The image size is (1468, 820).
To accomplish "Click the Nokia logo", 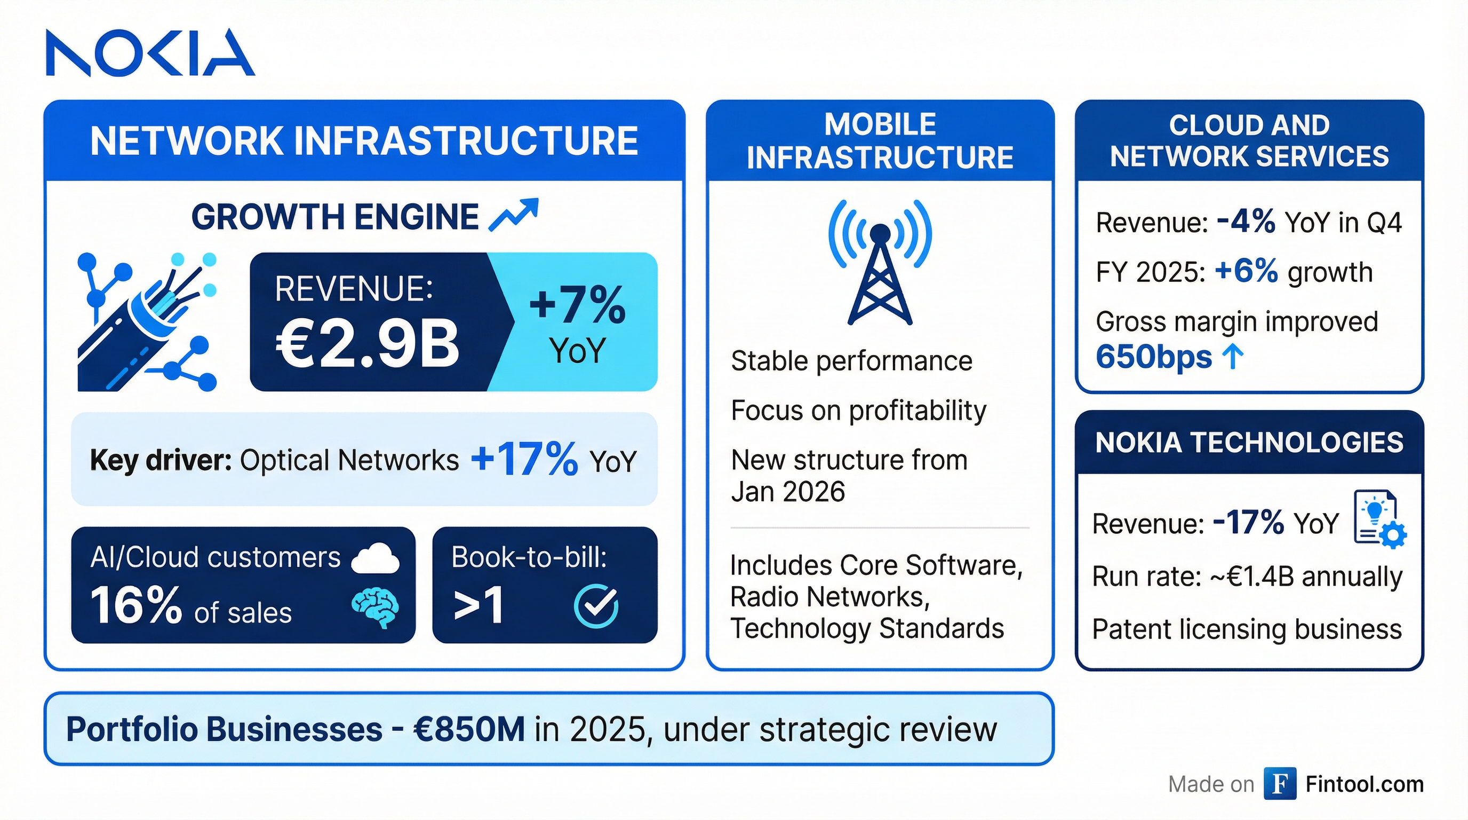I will [x=150, y=52].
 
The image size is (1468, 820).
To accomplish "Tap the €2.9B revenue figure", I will [x=368, y=343].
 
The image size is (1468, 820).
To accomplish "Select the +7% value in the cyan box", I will [x=577, y=304].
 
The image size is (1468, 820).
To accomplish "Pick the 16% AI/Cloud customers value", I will [x=135, y=605].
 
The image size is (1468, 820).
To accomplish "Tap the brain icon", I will [x=375, y=608].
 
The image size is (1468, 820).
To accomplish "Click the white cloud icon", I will [x=376, y=558].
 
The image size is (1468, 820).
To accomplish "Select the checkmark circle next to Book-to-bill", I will [x=595, y=605].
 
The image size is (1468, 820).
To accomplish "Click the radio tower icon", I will [x=880, y=262].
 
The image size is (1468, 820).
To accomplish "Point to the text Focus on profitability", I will [x=858, y=411].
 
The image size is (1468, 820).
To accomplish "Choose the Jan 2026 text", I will [x=787, y=492].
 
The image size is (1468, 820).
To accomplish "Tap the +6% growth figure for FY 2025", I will [x=1246, y=271].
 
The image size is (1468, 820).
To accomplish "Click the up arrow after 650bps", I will [x=1233, y=357].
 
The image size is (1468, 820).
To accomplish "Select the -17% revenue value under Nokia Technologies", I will [x=1249, y=522].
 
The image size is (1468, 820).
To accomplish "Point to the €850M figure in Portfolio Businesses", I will [x=469, y=729].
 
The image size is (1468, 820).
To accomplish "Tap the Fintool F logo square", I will [x=1279, y=784].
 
